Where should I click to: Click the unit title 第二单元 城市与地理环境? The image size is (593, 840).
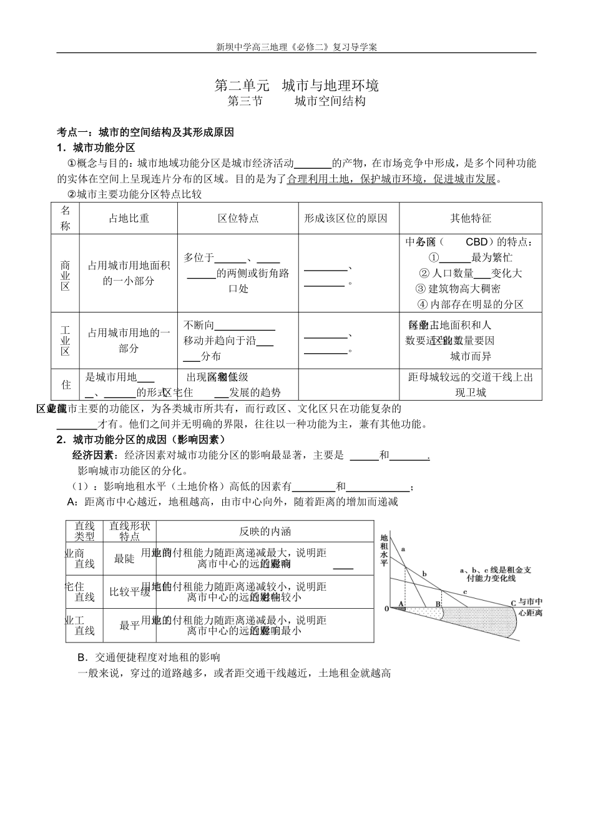tap(296, 85)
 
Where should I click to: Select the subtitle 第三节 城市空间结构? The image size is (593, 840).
tap(296, 101)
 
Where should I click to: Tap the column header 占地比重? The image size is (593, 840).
tap(129, 218)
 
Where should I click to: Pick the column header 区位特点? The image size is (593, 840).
tap(238, 218)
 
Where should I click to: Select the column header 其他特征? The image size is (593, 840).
tap(471, 218)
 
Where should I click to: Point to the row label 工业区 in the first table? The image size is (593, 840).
tap(66, 341)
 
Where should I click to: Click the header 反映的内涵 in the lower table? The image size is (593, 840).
tap(265, 531)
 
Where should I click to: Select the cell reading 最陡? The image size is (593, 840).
tap(124, 559)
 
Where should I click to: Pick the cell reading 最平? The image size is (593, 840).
tap(129, 626)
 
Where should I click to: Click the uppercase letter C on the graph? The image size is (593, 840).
tap(513, 603)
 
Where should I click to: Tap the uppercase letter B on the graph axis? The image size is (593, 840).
tap(438, 603)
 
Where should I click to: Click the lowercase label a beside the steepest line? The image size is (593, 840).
tap(403, 548)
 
